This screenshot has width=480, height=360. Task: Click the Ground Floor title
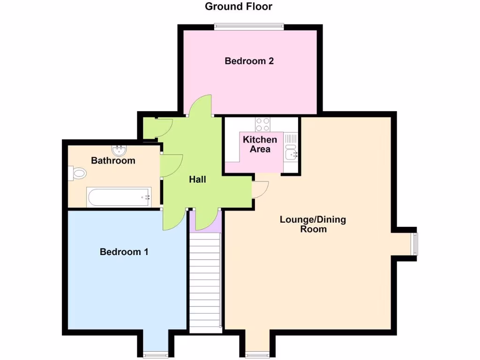point(239,7)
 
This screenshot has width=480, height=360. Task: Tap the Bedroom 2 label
point(249,61)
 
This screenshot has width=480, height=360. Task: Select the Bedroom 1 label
point(124,252)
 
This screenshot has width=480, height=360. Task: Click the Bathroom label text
point(113,161)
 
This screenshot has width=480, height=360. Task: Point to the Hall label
point(197,180)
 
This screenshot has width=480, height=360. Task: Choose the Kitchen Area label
point(260,144)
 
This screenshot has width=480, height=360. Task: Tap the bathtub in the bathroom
point(119,197)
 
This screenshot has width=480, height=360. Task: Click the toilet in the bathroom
point(78,173)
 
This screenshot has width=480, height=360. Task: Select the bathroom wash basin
point(120,150)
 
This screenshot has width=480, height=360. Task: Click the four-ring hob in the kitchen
point(262,124)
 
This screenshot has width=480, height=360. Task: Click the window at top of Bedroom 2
point(249,27)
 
